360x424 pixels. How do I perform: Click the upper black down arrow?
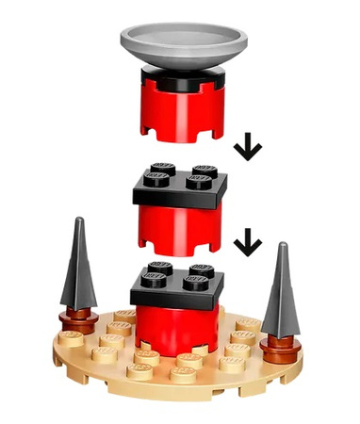(x=249, y=146)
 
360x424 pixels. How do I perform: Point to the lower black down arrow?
(x=248, y=244)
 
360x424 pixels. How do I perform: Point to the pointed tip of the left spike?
(x=79, y=222)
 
